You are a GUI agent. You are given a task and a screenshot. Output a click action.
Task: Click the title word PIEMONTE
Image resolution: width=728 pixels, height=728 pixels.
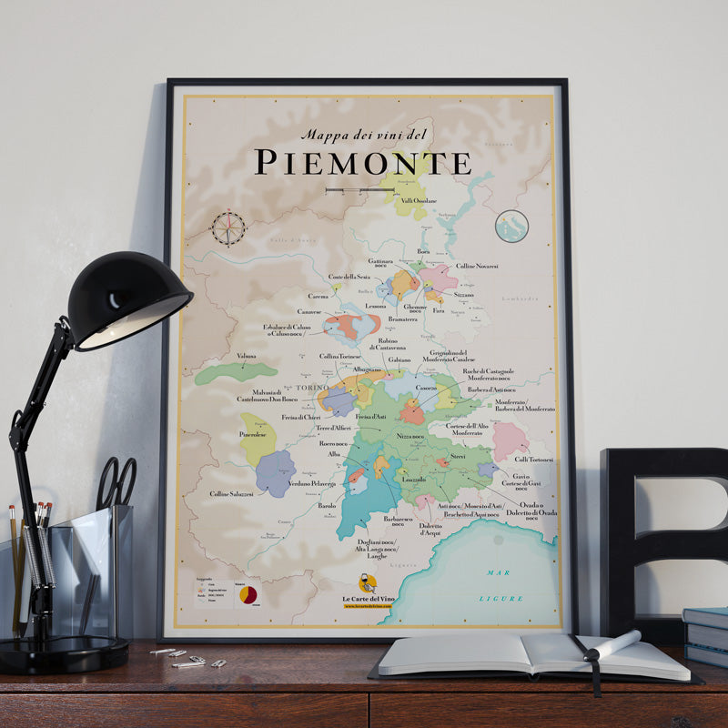(x=362, y=162)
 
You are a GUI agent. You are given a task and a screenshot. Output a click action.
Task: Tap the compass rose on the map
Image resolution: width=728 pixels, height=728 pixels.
(x=227, y=227)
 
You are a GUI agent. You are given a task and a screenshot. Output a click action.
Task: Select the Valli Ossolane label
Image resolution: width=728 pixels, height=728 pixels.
(x=420, y=200)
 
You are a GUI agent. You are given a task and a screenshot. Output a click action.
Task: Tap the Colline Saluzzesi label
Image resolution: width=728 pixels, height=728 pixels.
(x=231, y=494)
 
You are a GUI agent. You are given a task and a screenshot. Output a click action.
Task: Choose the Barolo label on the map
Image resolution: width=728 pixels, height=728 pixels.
(x=326, y=505)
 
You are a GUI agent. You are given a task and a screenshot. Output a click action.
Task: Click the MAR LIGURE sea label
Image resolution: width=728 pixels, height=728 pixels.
(x=503, y=585)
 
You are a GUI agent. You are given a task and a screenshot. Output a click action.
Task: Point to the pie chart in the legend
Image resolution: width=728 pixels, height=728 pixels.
(x=248, y=594)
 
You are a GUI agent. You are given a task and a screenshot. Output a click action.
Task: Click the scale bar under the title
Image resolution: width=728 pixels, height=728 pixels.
(x=359, y=190)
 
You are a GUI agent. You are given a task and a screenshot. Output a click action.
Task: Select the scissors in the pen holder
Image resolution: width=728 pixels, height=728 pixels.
(x=116, y=482)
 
